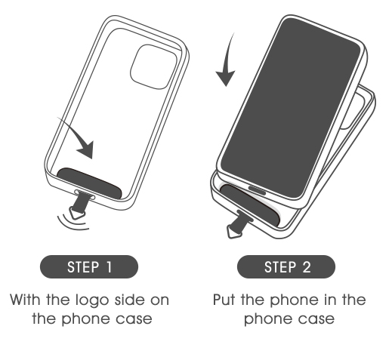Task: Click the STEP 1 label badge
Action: (89, 266)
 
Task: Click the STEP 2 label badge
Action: (286, 266)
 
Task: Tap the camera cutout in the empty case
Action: (153, 66)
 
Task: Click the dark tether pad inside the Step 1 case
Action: (89, 183)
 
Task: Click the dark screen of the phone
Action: (290, 108)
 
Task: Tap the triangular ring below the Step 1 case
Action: (77, 214)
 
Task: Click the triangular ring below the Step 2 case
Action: (234, 232)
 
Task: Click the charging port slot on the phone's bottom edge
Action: (257, 190)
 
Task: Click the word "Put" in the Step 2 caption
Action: (224, 300)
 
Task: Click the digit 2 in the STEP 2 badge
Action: (306, 267)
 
